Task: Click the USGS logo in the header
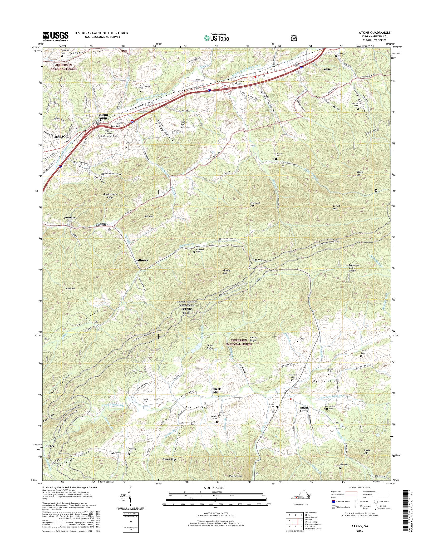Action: click(55, 36)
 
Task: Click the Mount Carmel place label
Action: click(103, 116)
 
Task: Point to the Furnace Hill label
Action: click(70, 219)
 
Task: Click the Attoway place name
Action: click(142, 260)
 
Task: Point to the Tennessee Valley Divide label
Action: click(354, 268)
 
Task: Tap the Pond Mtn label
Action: click(70, 289)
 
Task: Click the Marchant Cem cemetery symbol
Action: click(194, 252)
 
